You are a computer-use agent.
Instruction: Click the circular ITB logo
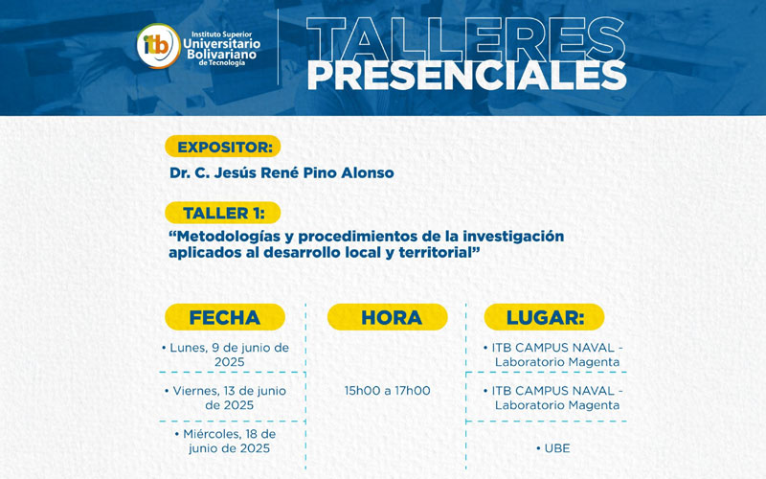[155, 45]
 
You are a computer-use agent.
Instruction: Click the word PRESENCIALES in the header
[466, 74]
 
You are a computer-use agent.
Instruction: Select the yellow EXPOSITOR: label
[222, 147]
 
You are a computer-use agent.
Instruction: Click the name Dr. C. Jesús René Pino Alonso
[282, 172]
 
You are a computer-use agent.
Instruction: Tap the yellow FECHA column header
[225, 317]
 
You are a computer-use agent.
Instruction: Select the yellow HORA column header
[387, 317]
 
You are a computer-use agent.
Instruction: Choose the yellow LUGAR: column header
[545, 317]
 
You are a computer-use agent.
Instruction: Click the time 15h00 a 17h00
[387, 391]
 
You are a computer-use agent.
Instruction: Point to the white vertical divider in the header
[278, 47]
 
